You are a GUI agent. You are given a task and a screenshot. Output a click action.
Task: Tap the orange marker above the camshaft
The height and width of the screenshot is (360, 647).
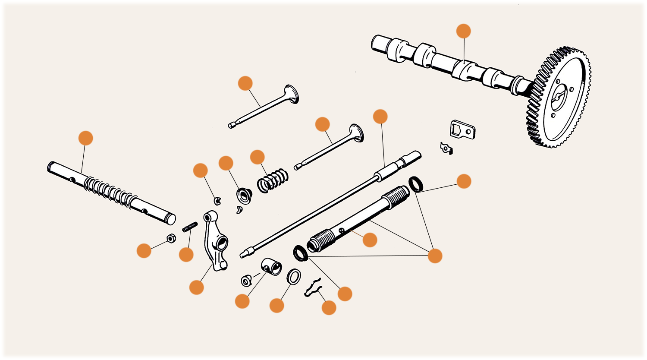tap(464, 31)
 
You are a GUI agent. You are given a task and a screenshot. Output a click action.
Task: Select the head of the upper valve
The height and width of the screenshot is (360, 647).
tap(291, 94)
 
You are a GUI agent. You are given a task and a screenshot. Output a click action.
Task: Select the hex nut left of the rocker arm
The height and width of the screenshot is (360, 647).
tap(170, 238)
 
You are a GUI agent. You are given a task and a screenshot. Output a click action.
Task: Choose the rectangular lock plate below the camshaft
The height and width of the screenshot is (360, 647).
tap(462, 129)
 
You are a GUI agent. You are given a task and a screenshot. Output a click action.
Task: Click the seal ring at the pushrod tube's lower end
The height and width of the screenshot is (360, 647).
tap(300, 253)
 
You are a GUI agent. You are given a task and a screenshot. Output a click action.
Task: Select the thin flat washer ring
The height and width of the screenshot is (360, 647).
tap(294, 276)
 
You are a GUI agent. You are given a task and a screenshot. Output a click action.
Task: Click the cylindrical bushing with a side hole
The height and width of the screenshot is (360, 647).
tap(271, 267)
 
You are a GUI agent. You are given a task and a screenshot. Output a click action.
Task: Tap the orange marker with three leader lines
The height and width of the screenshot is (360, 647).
tap(435, 256)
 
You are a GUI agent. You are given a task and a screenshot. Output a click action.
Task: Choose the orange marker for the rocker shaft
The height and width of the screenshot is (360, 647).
tap(86, 138)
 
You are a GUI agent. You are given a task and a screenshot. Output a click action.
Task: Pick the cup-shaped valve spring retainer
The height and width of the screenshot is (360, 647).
tap(244, 196)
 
